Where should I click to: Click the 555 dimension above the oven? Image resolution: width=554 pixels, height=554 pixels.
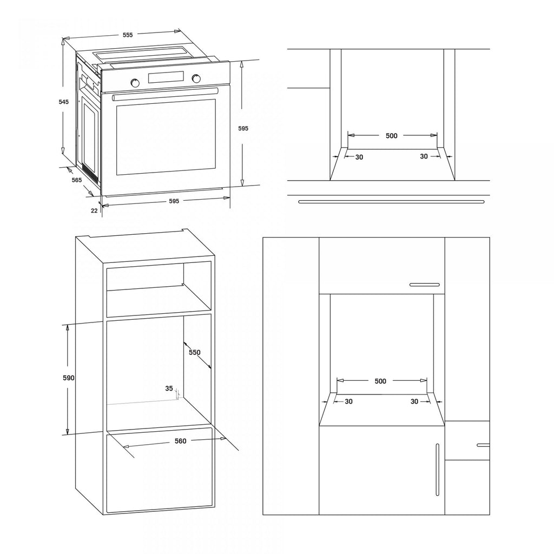pyautogui.click(x=128, y=35)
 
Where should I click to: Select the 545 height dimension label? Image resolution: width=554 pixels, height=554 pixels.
pyautogui.click(x=64, y=102)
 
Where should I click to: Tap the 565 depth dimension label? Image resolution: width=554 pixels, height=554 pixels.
pyautogui.click(x=77, y=180)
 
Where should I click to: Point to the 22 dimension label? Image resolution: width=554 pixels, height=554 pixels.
pyautogui.click(x=94, y=210)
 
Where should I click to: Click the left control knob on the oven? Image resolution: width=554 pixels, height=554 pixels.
pyautogui.click(x=135, y=83)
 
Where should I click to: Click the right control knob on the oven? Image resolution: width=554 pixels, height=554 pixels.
pyautogui.click(x=196, y=78)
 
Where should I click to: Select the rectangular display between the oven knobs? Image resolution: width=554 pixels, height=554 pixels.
pyautogui.click(x=166, y=77)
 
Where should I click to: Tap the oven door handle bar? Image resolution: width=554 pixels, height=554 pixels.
pyautogui.click(x=164, y=94)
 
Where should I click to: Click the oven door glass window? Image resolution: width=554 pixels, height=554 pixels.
pyautogui.click(x=166, y=137)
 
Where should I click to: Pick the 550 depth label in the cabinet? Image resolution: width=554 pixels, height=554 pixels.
pyautogui.click(x=194, y=352)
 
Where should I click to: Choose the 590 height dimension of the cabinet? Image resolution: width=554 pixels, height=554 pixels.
pyautogui.click(x=69, y=378)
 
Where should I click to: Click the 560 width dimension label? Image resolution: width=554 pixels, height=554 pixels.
pyautogui.click(x=180, y=441)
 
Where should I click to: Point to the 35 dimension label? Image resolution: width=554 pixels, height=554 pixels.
pyautogui.click(x=169, y=388)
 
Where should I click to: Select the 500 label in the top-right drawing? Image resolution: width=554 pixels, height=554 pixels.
pyautogui.click(x=392, y=136)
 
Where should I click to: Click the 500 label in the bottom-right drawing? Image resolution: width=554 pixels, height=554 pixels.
pyautogui.click(x=380, y=381)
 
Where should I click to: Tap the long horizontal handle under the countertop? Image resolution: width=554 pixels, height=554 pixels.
pyautogui.click(x=392, y=202)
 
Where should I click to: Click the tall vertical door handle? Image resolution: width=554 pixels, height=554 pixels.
pyautogui.click(x=437, y=470)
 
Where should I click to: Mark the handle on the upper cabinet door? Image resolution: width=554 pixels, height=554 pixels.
pyautogui.click(x=425, y=285)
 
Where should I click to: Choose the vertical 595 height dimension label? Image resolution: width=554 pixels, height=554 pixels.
pyautogui.click(x=243, y=129)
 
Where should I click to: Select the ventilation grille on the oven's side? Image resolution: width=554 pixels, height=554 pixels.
pyautogui.click(x=90, y=173)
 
